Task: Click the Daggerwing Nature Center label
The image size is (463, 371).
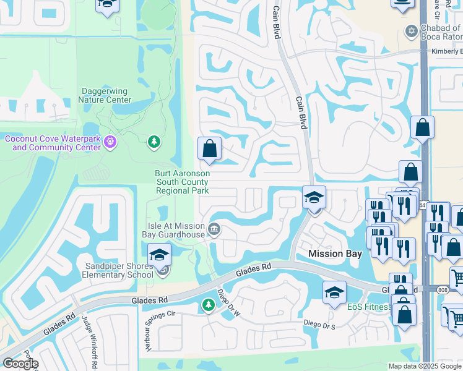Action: click(x=106, y=95)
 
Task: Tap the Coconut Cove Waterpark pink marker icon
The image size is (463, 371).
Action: click(x=110, y=143)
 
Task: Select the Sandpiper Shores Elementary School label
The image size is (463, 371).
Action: click(x=118, y=270)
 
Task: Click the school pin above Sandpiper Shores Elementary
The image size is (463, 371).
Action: click(x=159, y=255)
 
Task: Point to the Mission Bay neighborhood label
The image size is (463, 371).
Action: click(x=335, y=254)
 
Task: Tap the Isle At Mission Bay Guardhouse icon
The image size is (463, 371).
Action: click(x=214, y=229)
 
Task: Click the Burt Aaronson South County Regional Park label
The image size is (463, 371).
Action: click(x=182, y=182)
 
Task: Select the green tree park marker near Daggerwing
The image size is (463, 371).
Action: click(x=154, y=143)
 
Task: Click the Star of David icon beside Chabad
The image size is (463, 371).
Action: click(x=411, y=30)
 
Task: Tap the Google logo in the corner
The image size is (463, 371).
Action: click(x=20, y=364)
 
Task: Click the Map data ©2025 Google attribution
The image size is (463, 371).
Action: click(x=425, y=366)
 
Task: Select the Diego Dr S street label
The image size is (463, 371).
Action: click(x=319, y=323)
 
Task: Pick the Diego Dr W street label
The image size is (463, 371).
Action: click(x=228, y=303)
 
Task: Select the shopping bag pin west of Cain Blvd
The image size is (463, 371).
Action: click(x=209, y=149)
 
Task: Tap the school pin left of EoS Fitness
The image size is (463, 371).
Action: click(x=334, y=292)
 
